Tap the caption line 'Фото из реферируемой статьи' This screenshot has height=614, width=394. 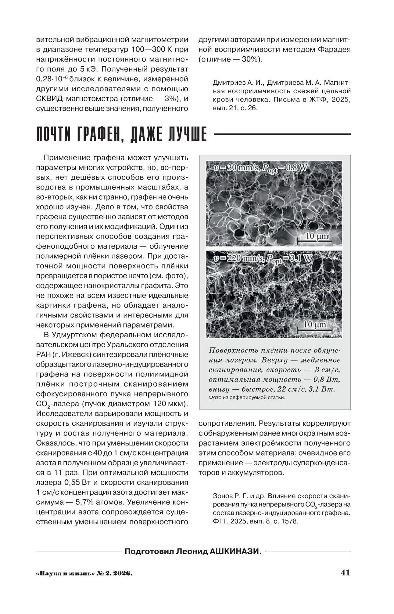pos(247,397)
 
